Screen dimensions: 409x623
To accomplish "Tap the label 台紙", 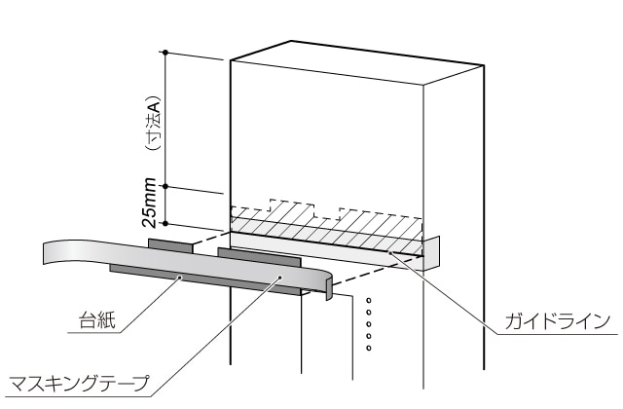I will [97, 318].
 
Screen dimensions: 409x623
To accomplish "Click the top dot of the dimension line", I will [166, 51].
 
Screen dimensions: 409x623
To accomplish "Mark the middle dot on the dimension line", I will [166, 185].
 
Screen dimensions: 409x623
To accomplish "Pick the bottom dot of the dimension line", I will [166, 220].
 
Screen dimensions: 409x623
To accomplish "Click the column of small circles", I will [368, 320].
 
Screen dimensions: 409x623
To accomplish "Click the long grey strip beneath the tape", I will [195, 279].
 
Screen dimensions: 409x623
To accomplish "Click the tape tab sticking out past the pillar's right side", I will [433, 249].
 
